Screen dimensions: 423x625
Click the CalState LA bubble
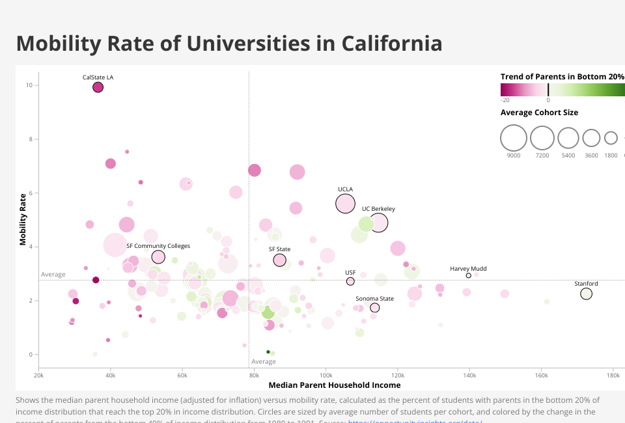(x=98, y=87)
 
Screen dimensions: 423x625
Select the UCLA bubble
(x=345, y=204)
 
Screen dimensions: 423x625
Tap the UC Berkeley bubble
(x=379, y=223)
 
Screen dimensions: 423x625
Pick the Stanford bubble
(x=586, y=294)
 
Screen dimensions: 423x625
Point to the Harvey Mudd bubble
(x=468, y=275)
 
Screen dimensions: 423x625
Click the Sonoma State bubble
(x=374, y=308)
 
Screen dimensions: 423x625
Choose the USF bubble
(x=350, y=281)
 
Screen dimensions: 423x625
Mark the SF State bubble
(x=280, y=260)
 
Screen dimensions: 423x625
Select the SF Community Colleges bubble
(x=158, y=257)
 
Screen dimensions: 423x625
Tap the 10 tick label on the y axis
(x=29, y=85)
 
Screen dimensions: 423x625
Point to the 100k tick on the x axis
(x=326, y=375)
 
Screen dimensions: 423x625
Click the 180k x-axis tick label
(x=613, y=375)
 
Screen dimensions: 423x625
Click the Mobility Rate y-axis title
(x=23, y=219)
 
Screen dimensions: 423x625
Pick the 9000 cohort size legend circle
(x=514, y=138)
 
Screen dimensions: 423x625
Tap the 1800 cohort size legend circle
(x=611, y=138)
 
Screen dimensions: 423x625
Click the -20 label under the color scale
(x=505, y=100)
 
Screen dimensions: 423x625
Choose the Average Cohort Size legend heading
(x=539, y=113)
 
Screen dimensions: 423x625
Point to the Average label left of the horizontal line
(x=53, y=275)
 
